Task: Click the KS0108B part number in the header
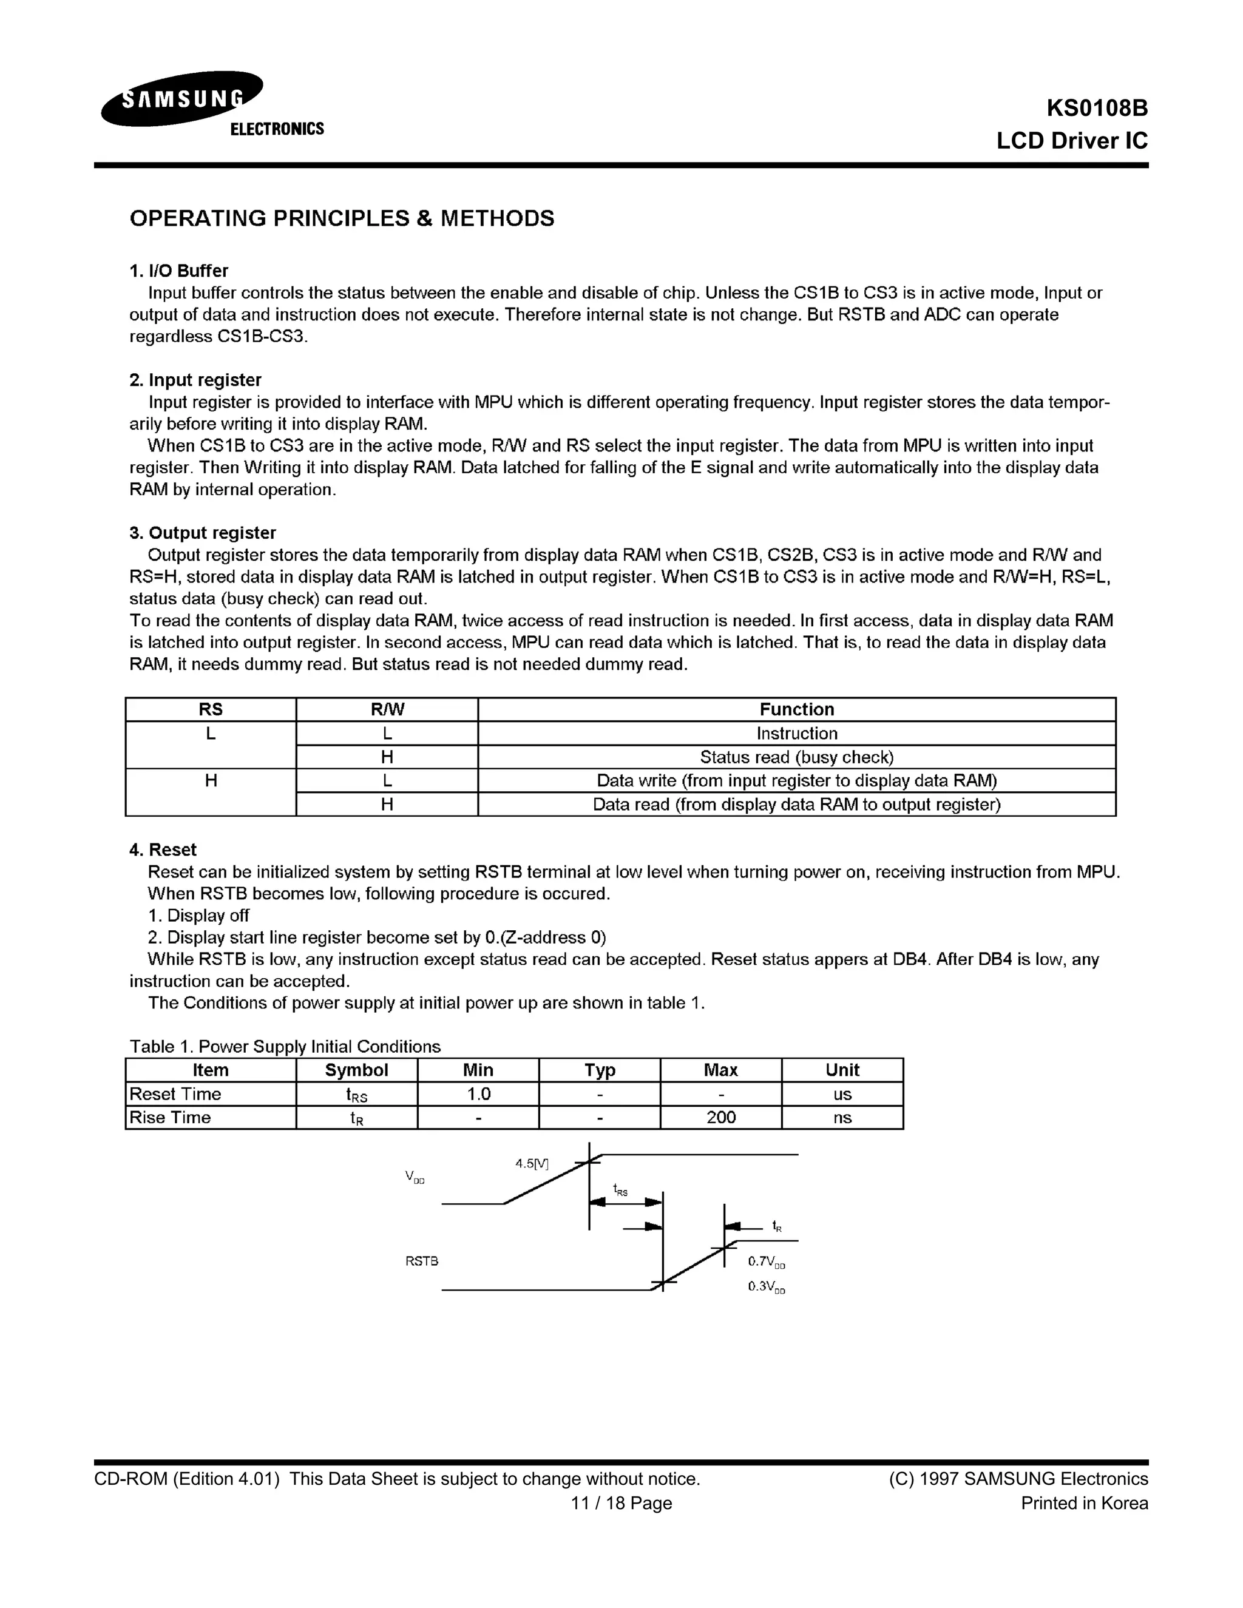(1097, 108)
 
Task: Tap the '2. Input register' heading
(195, 380)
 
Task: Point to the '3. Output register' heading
(203, 532)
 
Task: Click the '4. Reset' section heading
(163, 850)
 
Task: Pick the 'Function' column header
(797, 709)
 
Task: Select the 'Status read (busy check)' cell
(797, 757)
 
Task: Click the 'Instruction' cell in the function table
(797, 734)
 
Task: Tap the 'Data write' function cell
(797, 780)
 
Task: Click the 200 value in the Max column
(721, 1117)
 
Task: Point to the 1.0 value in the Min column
(478, 1093)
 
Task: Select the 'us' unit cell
(842, 1094)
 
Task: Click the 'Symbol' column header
(356, 1070)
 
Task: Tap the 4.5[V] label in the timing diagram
(532, 1163)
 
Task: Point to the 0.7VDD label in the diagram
(767, 1262)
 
